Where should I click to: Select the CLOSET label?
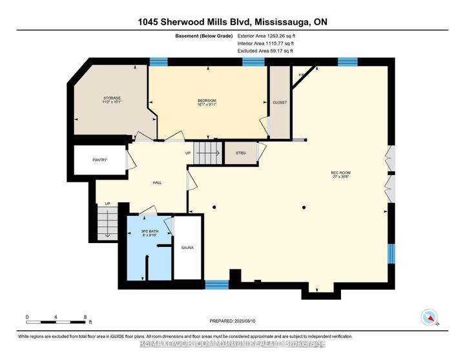[x=280, y=102]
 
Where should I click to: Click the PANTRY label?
[x=99, y=160]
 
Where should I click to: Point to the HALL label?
[x=157, y=182]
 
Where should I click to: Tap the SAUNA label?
[x=187, y=248]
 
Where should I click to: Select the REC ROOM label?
[x=340, y=173]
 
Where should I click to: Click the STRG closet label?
[x=241, y=153]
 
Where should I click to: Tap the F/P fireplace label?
[x=301, y=76]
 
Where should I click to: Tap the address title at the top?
[x=232, y=21]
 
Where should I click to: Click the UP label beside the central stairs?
[x=189, y=153]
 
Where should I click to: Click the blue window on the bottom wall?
[x=216, y=284]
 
